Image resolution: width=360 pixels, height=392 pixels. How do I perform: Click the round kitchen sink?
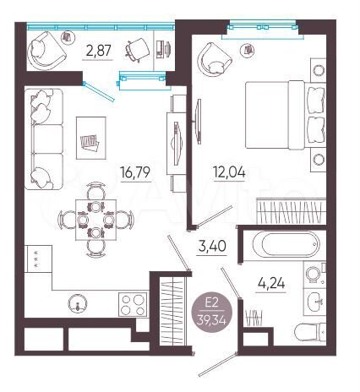[x=78, y=304]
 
